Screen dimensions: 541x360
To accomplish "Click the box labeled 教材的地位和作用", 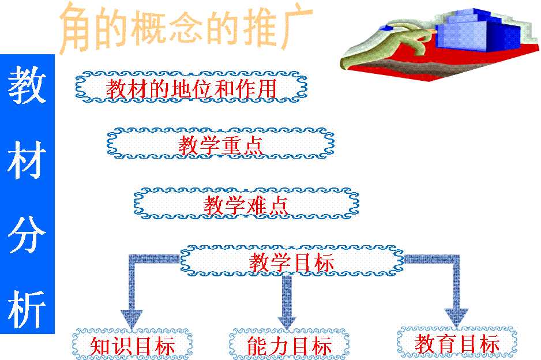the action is (x=191, y=87).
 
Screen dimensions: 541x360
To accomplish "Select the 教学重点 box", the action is (x=220, y=143).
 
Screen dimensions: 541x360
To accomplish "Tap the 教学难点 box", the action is (x=246, y=204).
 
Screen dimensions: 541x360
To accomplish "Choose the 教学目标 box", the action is (x=292, y=261).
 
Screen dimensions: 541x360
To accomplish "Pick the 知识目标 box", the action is (x=132, y=344).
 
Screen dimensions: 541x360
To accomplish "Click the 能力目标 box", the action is (x=289, y=344).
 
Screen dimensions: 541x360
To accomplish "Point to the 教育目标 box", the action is (x=457, y=342).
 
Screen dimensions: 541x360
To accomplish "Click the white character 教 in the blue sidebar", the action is (x=27, y=85).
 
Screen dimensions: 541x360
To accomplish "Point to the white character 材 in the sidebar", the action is (x=27, y=160).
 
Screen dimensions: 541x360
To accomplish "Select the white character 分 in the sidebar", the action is (x=27, y=234).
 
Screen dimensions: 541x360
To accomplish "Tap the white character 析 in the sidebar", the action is (x=27, y=309).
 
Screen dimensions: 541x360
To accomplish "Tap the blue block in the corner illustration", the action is (x=478, y=32).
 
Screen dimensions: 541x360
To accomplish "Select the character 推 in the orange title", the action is (x=260, y=28).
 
